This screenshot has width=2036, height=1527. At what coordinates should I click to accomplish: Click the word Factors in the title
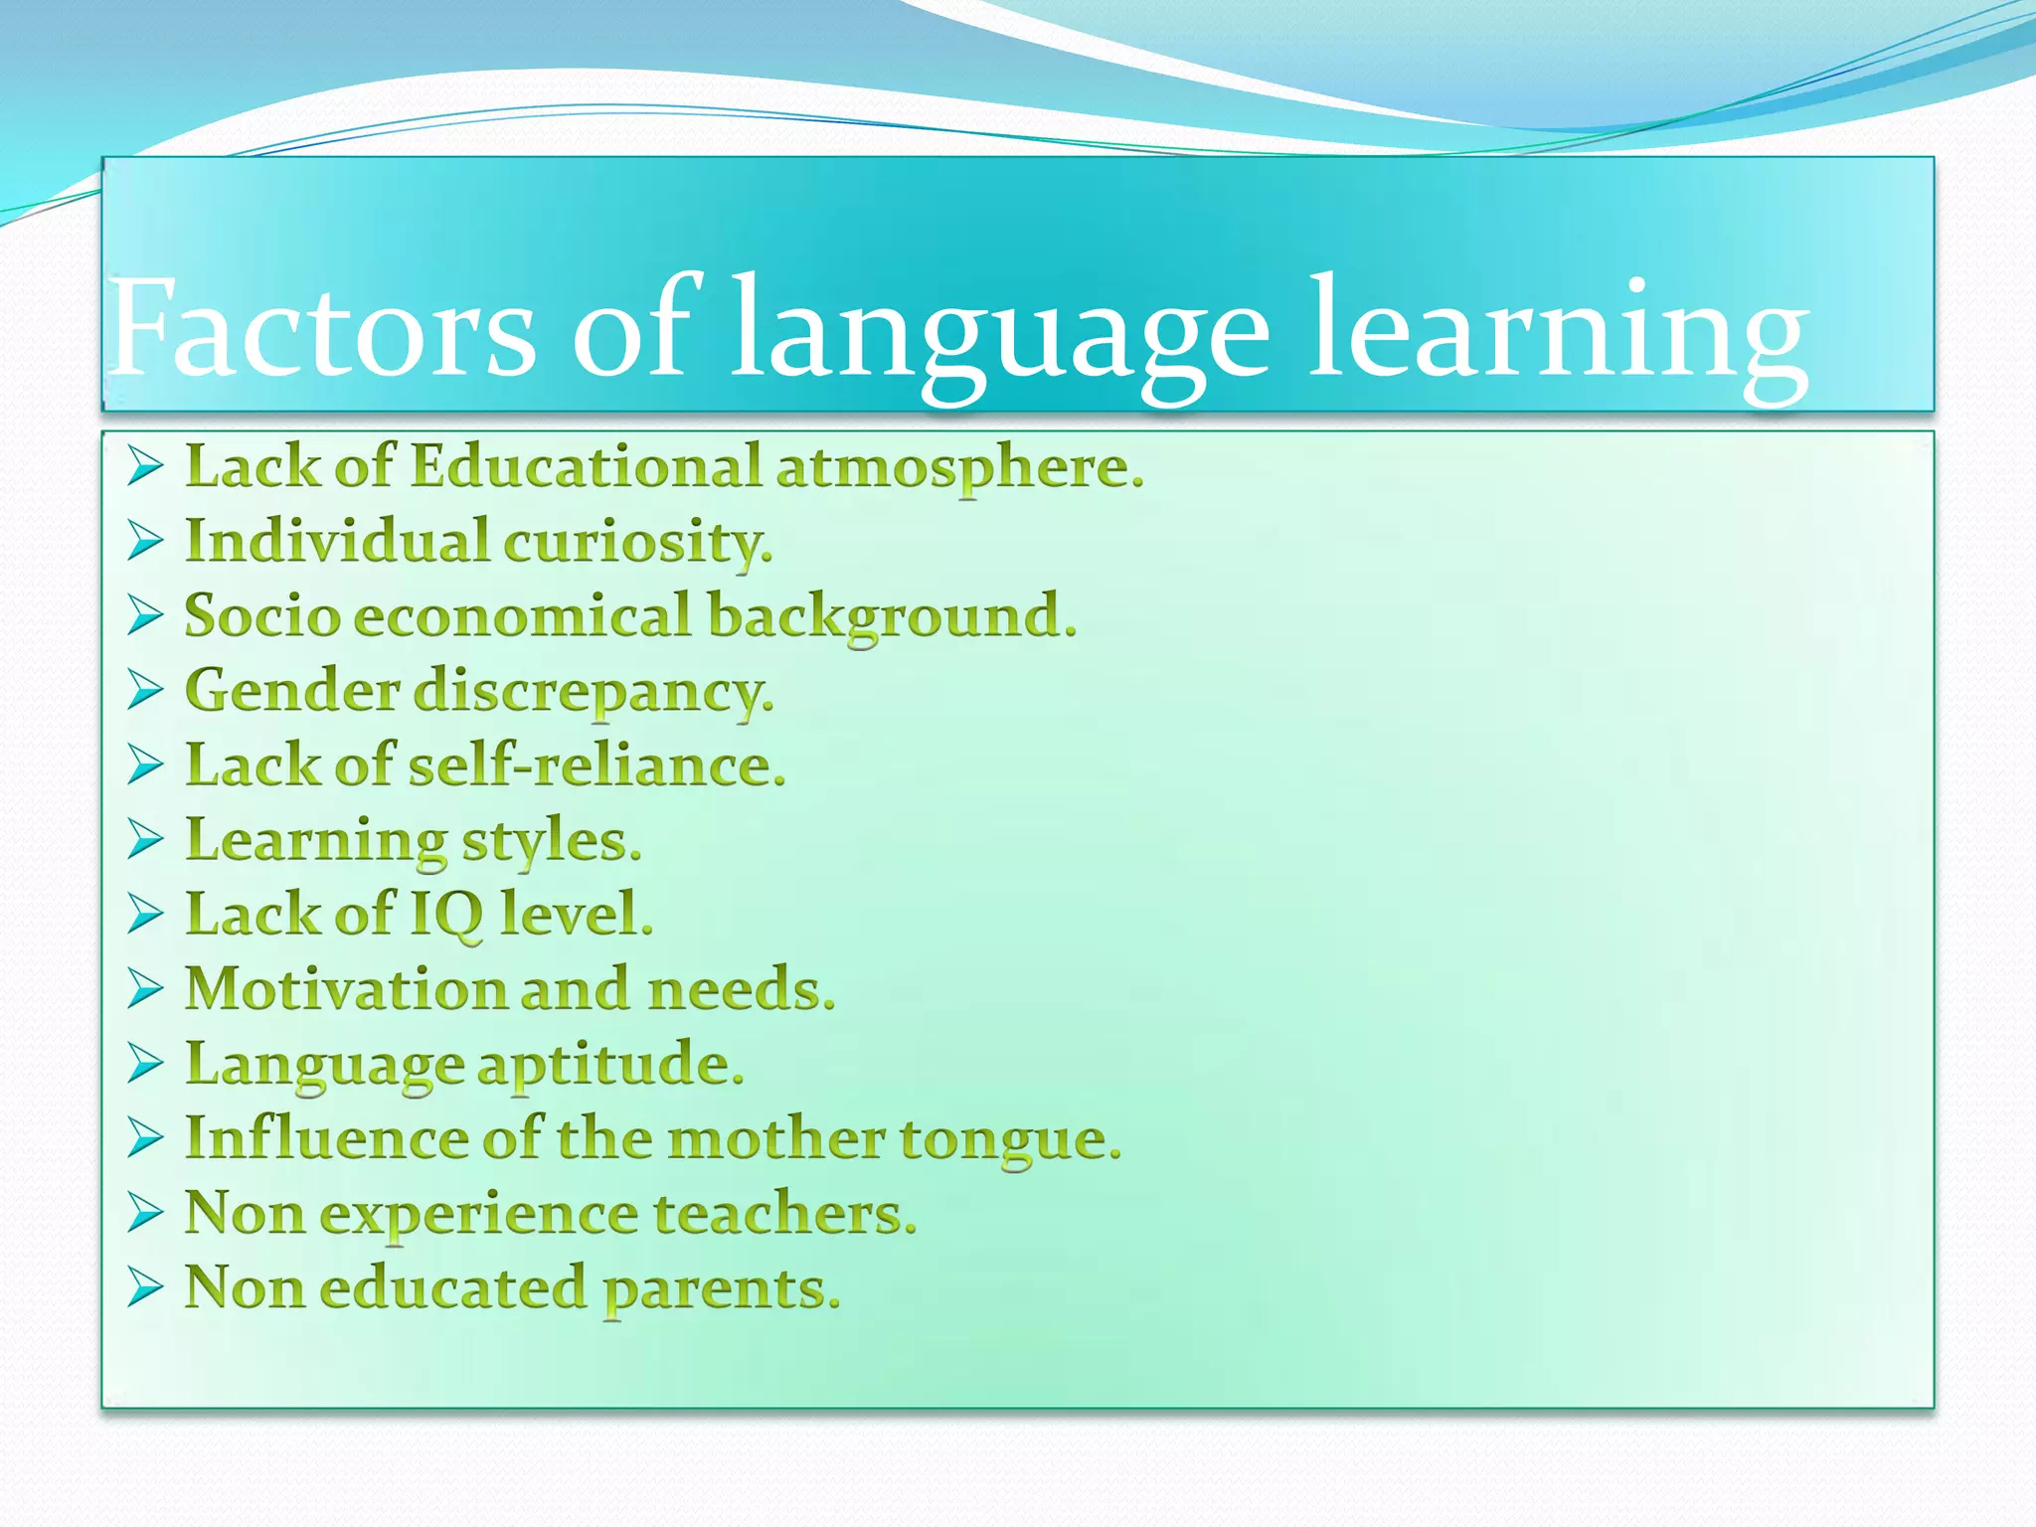click(x=323, y=328)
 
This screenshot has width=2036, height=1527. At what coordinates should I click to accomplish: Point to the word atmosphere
click(x=959, y=467)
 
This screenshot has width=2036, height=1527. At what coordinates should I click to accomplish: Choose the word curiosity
click(x=637, y=543)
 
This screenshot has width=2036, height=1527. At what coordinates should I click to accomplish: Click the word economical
click(x=523, y=615)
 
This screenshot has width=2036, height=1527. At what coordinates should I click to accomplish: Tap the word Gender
click(x=292, y=690)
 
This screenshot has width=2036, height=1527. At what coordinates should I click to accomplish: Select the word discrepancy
click(x=593, y=692)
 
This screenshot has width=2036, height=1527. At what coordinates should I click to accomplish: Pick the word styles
click(x=552, y=842)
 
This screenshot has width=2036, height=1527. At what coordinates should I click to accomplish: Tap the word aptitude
click(x=610, y=1066)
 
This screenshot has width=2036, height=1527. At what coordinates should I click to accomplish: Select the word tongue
click(x=1010, y=1140)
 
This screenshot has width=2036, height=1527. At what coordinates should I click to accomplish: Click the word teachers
click(x=784, y=1214)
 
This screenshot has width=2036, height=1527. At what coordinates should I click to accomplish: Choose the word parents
click(x=722, y=1289)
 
